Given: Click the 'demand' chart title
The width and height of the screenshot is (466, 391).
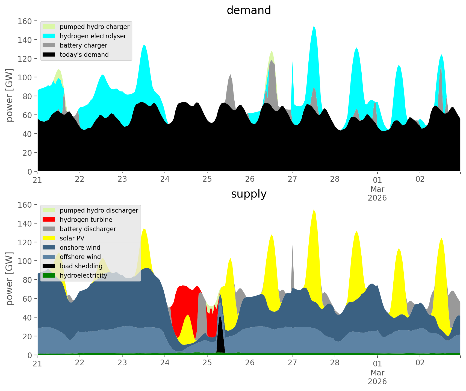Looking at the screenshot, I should click(249, 10).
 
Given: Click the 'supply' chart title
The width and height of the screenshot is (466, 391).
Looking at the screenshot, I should click(249, 194).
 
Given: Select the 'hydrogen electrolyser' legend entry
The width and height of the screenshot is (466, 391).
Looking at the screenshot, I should click(93, 36).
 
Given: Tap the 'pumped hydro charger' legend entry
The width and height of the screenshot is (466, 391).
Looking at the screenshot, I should click(95, 27).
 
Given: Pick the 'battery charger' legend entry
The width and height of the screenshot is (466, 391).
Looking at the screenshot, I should click(83, 45).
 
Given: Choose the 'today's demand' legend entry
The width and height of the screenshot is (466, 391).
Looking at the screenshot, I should click(84, 55).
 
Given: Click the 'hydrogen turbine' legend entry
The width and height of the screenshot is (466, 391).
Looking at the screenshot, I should click(86, 220).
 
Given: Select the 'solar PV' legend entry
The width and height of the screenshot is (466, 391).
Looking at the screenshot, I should click(72, 238).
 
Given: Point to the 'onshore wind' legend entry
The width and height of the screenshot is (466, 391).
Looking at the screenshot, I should click(80, 248).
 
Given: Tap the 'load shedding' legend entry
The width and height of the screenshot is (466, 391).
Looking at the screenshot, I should click(81, 266).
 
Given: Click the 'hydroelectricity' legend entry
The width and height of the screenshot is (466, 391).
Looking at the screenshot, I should click(83, 275).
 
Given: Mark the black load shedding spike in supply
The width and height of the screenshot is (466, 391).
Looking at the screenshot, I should click(220, 339).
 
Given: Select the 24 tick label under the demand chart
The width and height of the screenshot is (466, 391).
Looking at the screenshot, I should click(165, 179).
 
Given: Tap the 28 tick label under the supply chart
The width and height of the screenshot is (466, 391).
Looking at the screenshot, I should click(335, 363).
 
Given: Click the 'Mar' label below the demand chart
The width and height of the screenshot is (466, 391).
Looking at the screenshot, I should click(377, 189).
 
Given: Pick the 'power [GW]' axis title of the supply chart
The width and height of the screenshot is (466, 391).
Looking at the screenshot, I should click(10, 279).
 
